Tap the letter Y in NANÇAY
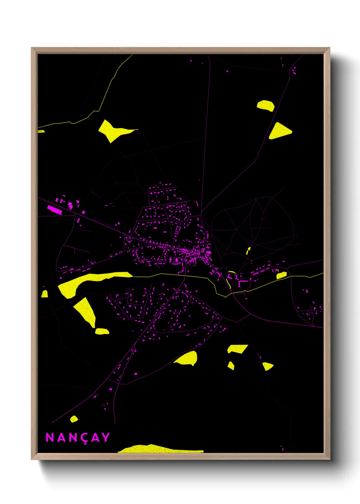point(106,437)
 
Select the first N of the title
point(50,437)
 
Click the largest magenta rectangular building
point(54,209)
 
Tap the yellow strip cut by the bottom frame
point(160,449)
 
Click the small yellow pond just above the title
point(74,419)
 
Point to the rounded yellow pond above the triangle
point(266,105)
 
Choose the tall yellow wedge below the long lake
point(85,311)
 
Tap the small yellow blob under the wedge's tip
point(102,331)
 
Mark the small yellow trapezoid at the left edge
point(45,294)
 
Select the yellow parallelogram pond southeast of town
point(237,349)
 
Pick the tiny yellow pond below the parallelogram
point(231,366)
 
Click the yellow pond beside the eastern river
point(281,275)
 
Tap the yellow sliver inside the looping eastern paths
point(248,251)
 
